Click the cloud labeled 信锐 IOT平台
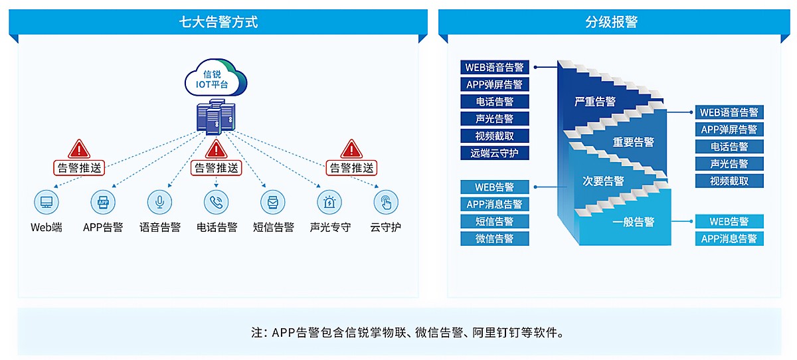point(216,78)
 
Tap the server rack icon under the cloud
point(216,117)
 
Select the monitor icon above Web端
point(46,202)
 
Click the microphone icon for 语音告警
point(160,202)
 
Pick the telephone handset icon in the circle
point(217,202)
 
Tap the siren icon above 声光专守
point(329,202)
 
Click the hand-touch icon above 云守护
point(386,202)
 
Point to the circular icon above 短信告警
point(273,202)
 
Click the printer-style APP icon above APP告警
point(103,202)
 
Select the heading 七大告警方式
point(218,22)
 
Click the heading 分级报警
point(611,22)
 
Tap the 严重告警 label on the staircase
point(595,102)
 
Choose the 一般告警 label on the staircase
point(634,222)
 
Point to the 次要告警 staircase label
point(603,181)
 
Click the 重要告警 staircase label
point(634,142)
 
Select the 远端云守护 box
point(495,153)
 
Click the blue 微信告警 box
point(495,238)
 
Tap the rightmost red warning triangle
point(351,149)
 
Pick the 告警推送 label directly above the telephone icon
point(217,168)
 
